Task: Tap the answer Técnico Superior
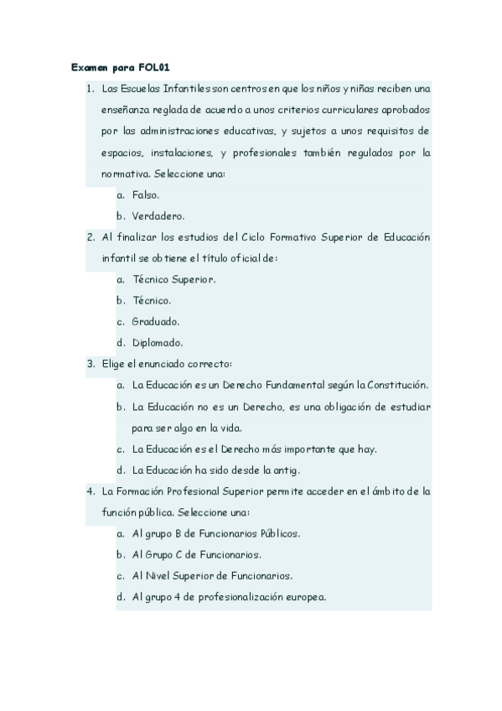tap(173, 279)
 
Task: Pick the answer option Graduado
tap(156, 321)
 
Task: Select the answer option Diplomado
tap(158, 342)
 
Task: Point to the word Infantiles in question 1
tap(189, 87)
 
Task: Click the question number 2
tap(90, 237)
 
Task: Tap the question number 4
tap(90, 490)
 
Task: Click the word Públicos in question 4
tap(277, 533)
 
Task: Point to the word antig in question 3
tap(286, 470)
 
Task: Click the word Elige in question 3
tap(112, 364)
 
